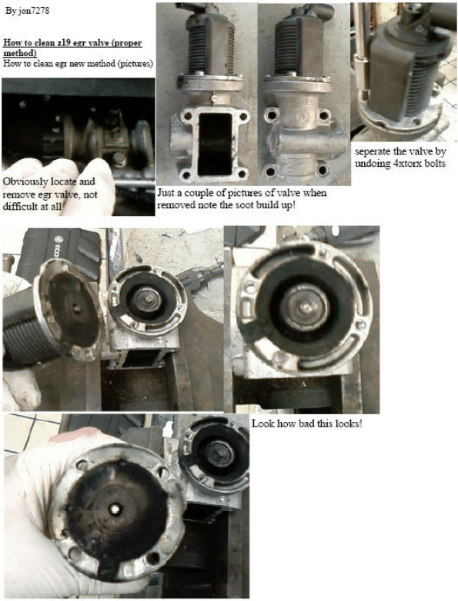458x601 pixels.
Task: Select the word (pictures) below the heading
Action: click(x=135, y=63)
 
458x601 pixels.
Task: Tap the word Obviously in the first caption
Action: click(x=25, y=181)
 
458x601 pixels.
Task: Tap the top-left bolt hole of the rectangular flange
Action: click(x=188, y=115)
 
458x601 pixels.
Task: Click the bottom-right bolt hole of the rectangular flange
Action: click(x=242, y=174)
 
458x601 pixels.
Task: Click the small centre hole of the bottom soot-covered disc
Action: click(x=115, y=510)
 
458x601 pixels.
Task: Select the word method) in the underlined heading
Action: click(x=19, y=52)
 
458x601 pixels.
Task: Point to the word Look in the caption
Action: click(x=261, y=423)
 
